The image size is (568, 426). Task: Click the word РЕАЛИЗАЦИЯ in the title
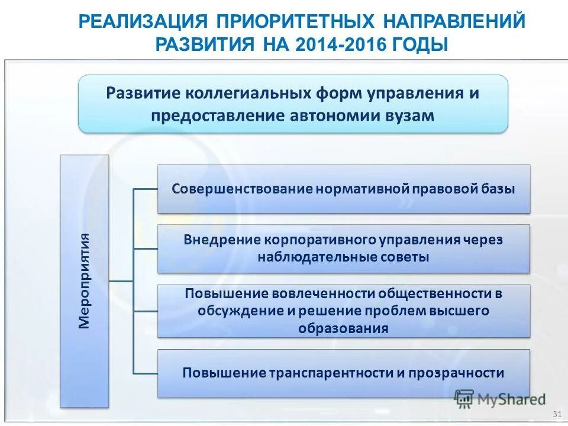[141, 21]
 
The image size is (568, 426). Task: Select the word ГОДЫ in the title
[419, 44]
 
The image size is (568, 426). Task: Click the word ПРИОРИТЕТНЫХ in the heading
[295, 21]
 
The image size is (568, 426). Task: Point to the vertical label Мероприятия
[85, 281]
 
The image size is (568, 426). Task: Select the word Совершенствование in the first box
[242, 189]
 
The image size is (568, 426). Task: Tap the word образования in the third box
[344, 328]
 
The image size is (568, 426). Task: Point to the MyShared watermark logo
[501, 399]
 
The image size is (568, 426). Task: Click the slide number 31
[556, 414]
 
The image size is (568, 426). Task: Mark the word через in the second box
[483, 240]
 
